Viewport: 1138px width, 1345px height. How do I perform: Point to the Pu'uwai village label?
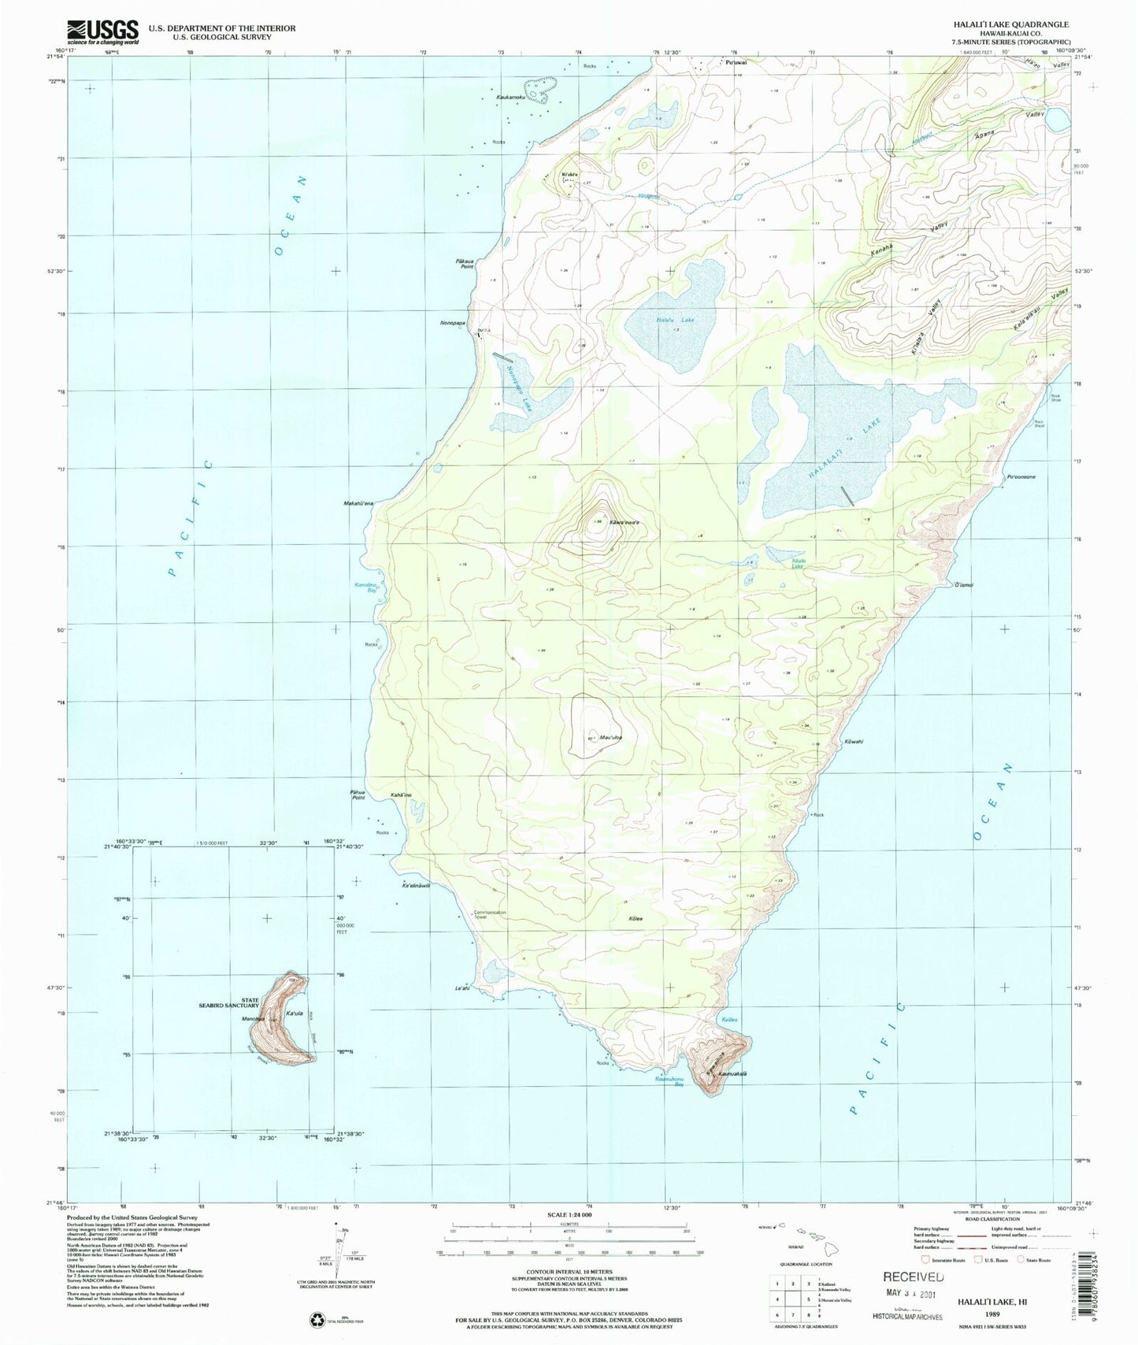(736, 63)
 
